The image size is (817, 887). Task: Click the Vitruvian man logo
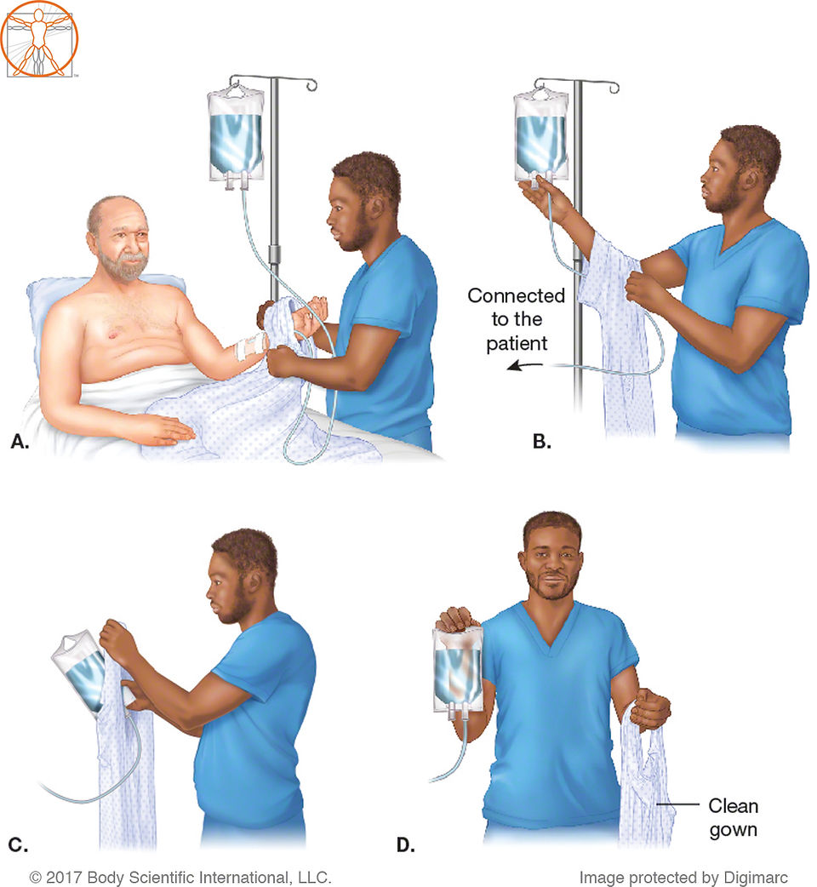click(x=40, y=38)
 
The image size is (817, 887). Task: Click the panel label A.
click(x=20, y=441)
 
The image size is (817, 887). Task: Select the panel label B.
click(x=541, y=441)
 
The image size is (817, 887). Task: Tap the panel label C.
click(x=18, y=844)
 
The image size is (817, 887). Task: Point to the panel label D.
click(x=406, y=844)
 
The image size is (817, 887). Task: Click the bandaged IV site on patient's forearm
click(x=250, y=346)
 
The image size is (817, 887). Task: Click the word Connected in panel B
click(x=517, y=295)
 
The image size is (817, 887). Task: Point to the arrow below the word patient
click(x=525, y=366)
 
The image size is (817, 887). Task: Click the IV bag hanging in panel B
click(x=541, y=135)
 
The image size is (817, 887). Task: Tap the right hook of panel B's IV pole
click(x=614, y=88)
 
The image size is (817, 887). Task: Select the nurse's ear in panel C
click(x=254, y=581)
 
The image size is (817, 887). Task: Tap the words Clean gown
click(x=734, y=817)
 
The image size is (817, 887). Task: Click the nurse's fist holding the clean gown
click(x=651, y=708)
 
